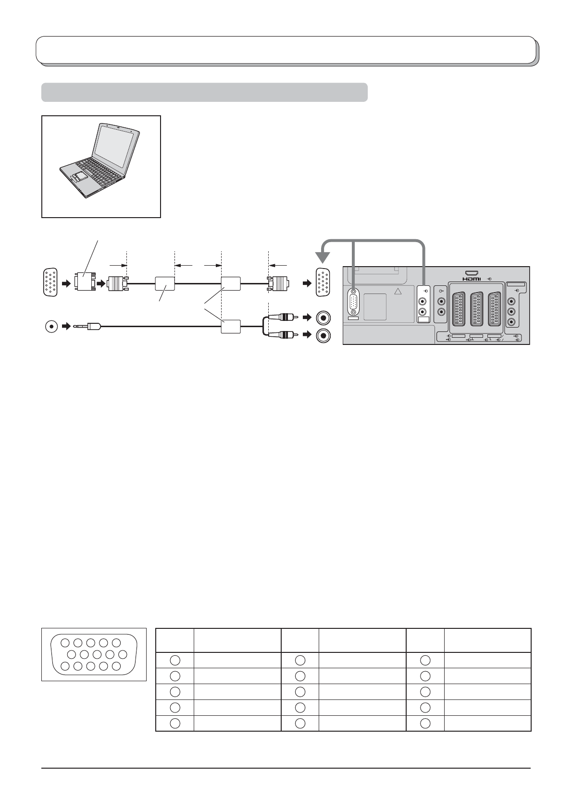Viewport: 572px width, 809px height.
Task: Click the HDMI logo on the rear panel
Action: [x=472, y=279]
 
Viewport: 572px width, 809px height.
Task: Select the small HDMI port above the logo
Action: [x=472, y=273]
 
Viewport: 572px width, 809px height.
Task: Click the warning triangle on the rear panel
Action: [x=398, y=291]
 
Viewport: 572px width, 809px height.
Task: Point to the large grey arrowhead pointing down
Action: [x=323, y=257]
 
